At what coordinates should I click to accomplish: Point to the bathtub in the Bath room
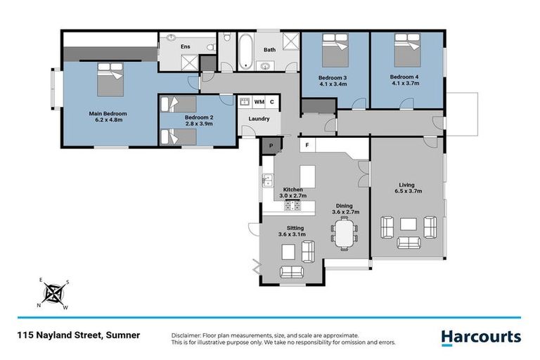(x=244, y=51)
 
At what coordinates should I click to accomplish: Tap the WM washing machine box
(x=259, y=102)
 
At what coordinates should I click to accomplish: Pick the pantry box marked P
(x=271, y=145)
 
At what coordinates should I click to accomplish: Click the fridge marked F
(x=307, y=145)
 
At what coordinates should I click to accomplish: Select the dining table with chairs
(x=343, y=233)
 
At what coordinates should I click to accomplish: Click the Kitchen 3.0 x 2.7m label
(x=292, y=194)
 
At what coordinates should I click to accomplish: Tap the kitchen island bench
(x=308, y=176)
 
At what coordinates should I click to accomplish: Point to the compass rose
(x=53, y=293)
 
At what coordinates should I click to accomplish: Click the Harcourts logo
(x=481, y=337)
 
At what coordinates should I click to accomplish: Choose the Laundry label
(x=259, y=119)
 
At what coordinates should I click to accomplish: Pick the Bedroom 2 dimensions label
(x=198, y=123)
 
